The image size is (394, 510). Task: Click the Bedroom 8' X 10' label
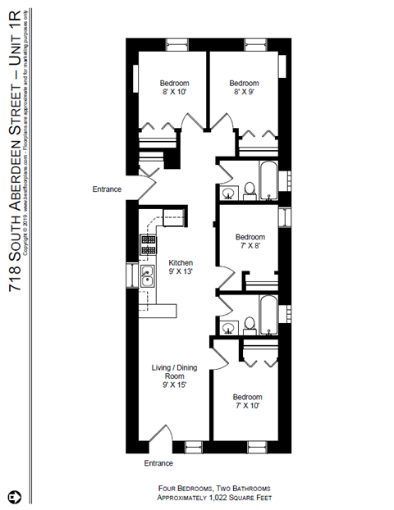point(174,88)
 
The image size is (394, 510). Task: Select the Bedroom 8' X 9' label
point(244,88)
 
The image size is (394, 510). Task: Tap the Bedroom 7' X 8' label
point(250,241)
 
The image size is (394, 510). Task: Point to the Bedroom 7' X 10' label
point(247,401)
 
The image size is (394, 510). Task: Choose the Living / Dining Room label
point(173,376)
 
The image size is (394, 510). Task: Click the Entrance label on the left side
point(107,189)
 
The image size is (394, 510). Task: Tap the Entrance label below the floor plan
point(158,463)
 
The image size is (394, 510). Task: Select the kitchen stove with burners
point(149,244)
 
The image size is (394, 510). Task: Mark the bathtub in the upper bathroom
point(268,175)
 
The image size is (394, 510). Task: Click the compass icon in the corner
point(15,497)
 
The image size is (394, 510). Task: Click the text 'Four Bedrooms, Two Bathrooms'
point(213,487)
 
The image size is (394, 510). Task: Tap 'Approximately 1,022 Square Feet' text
point(213,497)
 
